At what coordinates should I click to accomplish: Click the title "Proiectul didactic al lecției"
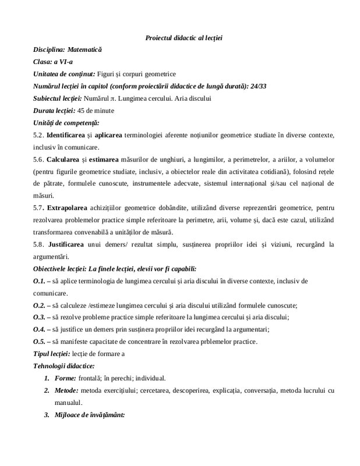[183, 38]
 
